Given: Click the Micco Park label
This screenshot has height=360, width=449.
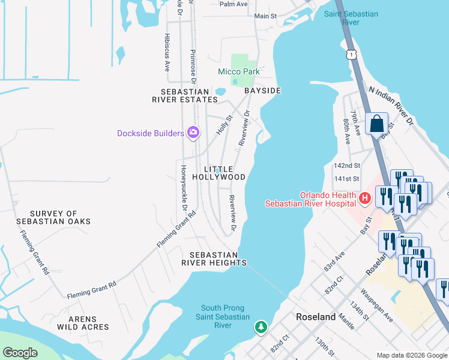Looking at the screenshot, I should pos(238,71).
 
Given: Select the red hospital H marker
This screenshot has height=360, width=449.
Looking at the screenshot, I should pos(364,198).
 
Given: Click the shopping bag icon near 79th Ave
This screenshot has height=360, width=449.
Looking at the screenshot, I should pos(376,124).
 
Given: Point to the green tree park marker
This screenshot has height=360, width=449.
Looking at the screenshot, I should pos(261,327).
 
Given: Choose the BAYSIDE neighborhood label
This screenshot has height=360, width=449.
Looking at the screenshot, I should pos(262,91).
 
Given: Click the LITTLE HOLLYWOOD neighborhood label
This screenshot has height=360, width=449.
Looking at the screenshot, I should pos(218,173).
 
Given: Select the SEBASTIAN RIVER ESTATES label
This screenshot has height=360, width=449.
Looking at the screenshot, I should pos(185,95).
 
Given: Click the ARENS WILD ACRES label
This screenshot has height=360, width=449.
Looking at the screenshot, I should pos(83,322).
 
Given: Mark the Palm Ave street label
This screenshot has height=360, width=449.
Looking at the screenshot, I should pos(234,4).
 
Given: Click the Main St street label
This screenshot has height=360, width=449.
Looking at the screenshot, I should pos(265,16).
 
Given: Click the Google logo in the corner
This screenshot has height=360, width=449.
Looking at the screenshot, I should pos(20,353).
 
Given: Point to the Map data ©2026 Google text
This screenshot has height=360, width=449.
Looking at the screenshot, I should pos(411,355).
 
